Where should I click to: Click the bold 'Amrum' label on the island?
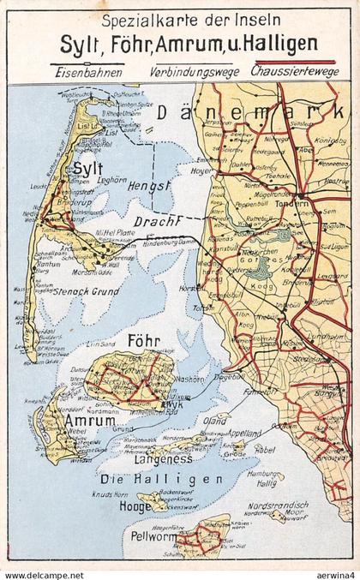[x=84, y=422]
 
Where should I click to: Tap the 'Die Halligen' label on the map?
[x=161, y=479]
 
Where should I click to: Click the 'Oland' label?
[x=214, y=421]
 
